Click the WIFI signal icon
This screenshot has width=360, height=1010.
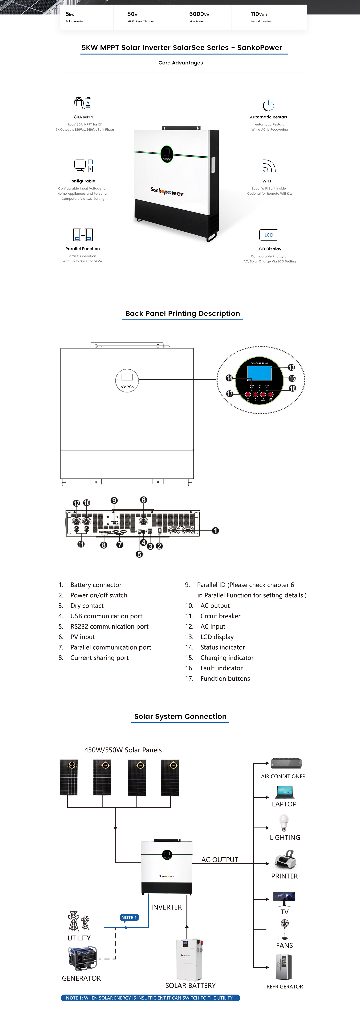[x=269, y=166]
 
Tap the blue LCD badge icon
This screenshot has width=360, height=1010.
[x=269, y=235]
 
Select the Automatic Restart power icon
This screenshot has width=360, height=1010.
[x=268, y=105]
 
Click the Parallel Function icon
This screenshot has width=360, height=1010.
[x=83, y=234]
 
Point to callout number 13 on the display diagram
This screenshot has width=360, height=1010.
[x=291, y=367]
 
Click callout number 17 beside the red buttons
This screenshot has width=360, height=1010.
[x=229, y=394]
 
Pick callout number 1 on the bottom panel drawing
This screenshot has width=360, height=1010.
[x=215, y=530]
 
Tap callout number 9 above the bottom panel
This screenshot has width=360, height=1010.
[x=114, y=500]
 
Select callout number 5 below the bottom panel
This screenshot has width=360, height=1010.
[x=139, y=554]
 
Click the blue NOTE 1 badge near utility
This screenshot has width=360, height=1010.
[x=129, y=918]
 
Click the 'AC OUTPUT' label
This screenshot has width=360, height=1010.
[x=220, y=859]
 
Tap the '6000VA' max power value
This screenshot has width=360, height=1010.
[x=199, y=14]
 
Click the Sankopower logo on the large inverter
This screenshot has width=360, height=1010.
[x=167, y=191]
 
